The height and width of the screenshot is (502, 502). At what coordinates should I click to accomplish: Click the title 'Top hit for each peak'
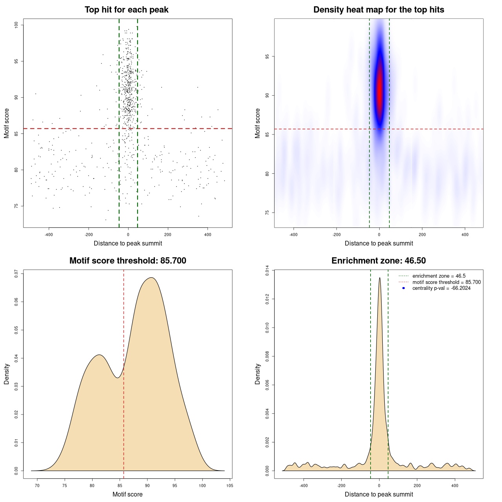pyautogui.click(x=126, y=10)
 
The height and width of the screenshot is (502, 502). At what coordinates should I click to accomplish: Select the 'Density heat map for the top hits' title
pyautogui.click(x=378, y=10)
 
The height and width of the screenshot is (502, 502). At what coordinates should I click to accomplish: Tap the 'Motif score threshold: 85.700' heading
pyautogui.click(x=127, y=261)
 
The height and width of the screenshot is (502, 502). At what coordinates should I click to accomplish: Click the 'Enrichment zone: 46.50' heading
pyautogui.click(x=378, y=261)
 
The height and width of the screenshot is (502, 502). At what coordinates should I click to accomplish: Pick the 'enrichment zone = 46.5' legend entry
pyautogui.click(x=439, y=276)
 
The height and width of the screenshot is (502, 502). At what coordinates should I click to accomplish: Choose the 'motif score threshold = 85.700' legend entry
pyautogui.click(x=446, y=282)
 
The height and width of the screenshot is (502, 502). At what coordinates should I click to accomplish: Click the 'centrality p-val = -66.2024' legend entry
pyautogui.click(x=441, y=288)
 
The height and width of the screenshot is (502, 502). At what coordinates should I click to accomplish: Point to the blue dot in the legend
pyautogui.click(x=404, y=288)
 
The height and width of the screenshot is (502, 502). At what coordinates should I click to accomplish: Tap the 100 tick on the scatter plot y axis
pyautogui.click(x=16, y=25)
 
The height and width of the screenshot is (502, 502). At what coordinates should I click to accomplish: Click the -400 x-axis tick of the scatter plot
pyautogui.click(x=49, y=235)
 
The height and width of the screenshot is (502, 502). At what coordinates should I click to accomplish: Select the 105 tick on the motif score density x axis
pyautogui.click(x=230, y=486)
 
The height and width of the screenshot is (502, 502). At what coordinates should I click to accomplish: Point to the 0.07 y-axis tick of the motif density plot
pyautogui.click(x=16, y=273)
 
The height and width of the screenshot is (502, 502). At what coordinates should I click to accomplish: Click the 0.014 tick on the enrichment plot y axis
pyautogui.click(x=267, y=271)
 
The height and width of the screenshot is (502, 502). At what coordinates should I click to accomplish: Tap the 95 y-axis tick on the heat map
pyautogui.click(x=267, y=56)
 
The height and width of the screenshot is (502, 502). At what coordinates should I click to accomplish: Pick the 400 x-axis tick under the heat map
pyautogui.click(x=465, y=235)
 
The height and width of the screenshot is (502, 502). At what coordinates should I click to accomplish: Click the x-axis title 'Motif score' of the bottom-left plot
pyautogui.click(x=127, y=494)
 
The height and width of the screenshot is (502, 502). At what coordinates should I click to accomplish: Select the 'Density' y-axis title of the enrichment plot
pyautogui.click(x=258, y=374)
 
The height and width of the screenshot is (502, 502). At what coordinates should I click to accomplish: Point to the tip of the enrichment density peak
pyautogui.click(x=379, y=278)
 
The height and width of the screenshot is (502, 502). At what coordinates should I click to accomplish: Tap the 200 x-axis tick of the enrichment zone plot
pyautogui.click(x=417, y=486)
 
